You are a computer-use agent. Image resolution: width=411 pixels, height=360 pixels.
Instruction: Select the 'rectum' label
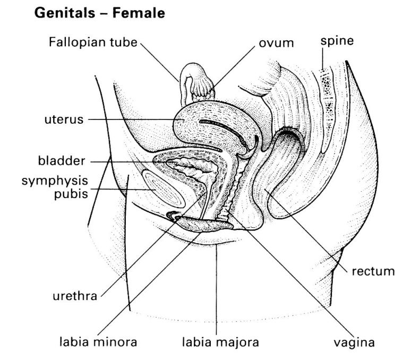(373, 272)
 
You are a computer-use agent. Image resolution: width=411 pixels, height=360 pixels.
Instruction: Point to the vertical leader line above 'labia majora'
(217, 287)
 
